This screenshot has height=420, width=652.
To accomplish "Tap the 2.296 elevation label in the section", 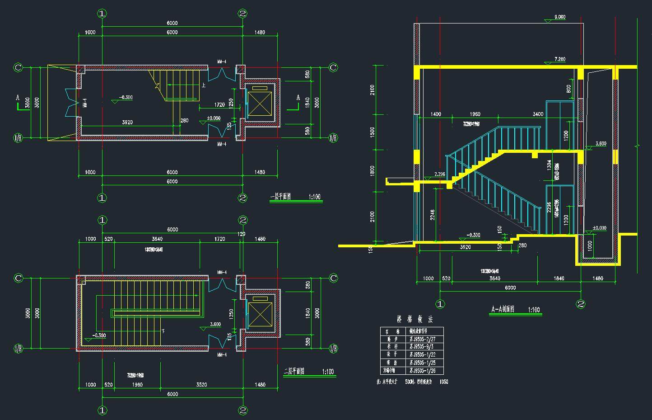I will pyautogui.click(x=439, y=174).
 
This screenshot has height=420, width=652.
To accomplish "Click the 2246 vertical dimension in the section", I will pyautogui.click(x=433, y=215).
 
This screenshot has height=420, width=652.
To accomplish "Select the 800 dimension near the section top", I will pyautogui.click(x=568, y=89).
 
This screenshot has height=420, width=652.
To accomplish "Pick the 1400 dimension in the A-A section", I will pyautogui.click(x=436, y=114).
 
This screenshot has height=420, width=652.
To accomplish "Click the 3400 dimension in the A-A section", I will pyautogui.click(x=538, y=114).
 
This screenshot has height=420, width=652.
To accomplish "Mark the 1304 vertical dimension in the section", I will pyautogui.click(x=549, y=166).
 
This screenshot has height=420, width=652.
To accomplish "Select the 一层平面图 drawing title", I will pyautogui.click(x=280, y=197).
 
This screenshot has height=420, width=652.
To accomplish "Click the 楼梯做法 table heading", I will pyautogui.click(x=414, y=320).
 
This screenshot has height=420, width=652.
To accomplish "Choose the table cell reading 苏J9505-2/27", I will pyautogui.click(x=422, y=339).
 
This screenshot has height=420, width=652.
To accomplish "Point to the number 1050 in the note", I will pyautogui.click(x=443, y=382).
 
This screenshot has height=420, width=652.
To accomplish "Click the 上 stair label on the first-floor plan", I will pyautogui.click(x=204, y=85).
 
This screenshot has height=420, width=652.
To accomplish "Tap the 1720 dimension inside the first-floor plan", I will pyautogui.click(x=219, y=105).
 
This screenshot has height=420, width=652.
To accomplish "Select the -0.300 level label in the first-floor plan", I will pyautogui.click(x=126, y=97).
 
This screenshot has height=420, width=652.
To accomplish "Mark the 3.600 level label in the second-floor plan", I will pyautogui.click(x=215, y=324).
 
